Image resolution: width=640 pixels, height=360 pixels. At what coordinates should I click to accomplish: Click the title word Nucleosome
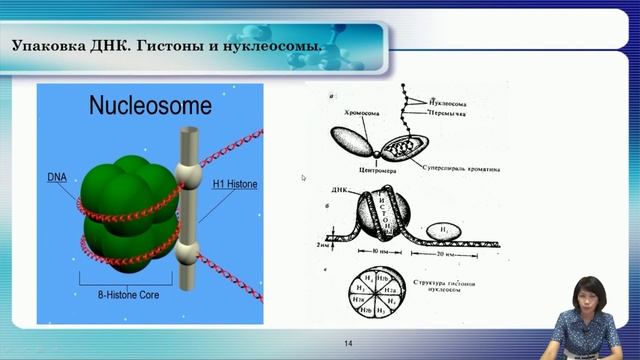(150, 104)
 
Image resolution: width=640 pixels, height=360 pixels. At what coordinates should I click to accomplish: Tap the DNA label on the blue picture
(59, 177)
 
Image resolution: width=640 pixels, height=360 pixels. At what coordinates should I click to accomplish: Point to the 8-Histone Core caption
(131, 296)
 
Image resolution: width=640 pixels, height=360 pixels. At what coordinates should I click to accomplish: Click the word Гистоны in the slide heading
(172, 46)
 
